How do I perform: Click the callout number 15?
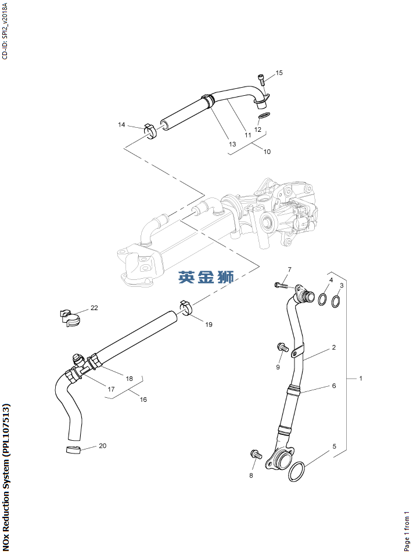point(279,73)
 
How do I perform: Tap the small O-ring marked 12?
point(264,117)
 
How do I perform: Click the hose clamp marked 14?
point(150,131)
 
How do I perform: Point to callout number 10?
point(267,152)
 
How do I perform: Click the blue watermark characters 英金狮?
point(206,278)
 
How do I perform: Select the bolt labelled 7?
point(282,285)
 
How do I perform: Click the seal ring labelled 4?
point(322,300)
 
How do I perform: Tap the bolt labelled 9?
point(283,347)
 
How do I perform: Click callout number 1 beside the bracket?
point(360,379)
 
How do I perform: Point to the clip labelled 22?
point(70,317)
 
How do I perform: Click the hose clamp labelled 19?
point(186,307)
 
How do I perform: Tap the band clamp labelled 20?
point(72,451)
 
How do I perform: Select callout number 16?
point(143,400)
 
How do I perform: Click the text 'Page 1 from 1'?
point(407,531)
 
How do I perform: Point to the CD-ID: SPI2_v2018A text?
point(5,30)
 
